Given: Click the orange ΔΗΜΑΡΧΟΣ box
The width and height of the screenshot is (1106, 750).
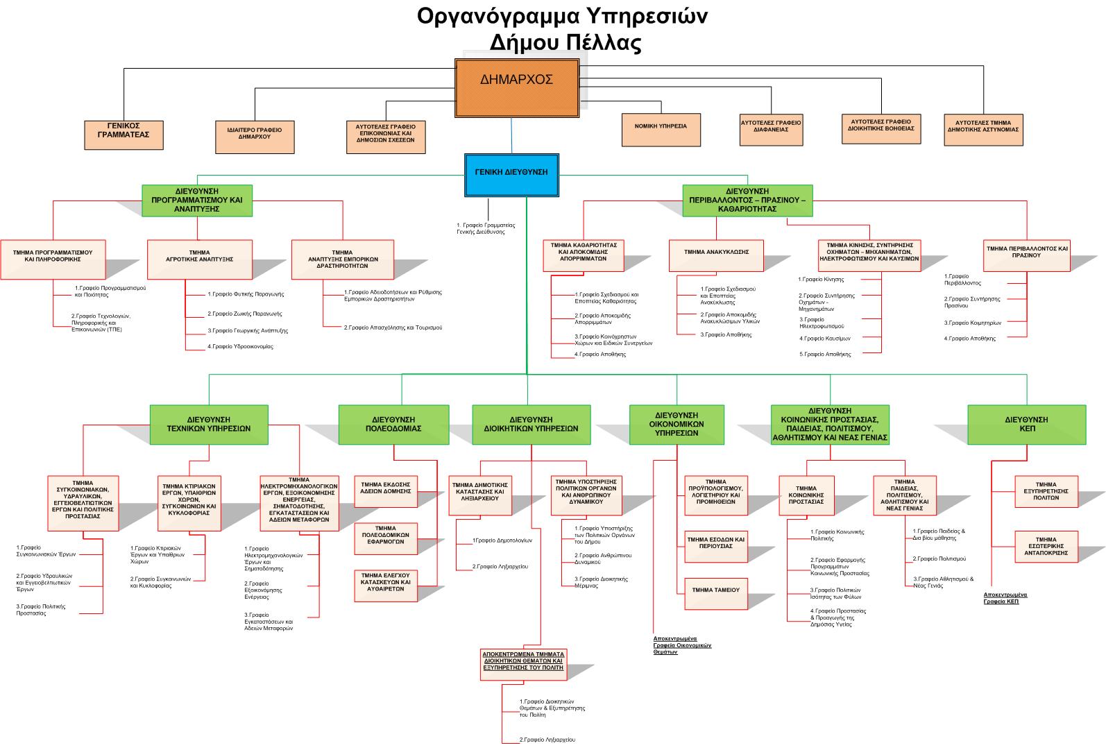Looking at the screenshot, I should pyautogui.click(x=517, y=87).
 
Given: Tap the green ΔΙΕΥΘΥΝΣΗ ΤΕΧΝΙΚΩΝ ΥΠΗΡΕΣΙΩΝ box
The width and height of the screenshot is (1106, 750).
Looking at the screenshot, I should pyautogui.click(x=209, y=424).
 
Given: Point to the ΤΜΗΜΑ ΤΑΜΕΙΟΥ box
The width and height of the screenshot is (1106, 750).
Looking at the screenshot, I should pyautogui.click(x=716, y=590).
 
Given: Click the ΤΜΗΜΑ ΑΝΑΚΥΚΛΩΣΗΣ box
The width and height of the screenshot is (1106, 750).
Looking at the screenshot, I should pyautogui.click(x=717, y=255).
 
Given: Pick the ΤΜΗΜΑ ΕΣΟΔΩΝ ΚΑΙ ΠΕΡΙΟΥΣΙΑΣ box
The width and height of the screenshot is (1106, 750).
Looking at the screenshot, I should pyautogui.click(x=716, y=543).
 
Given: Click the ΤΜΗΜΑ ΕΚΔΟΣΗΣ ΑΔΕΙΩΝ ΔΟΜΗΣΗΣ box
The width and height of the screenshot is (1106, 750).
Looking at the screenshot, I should pyautogui.click(x=386, y=487).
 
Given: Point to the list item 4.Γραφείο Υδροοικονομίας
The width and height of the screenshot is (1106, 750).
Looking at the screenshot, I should pyautogui.click(x=240, y=346).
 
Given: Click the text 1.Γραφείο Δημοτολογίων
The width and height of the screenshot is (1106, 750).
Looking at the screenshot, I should pyautogui.click(x=502, y=540).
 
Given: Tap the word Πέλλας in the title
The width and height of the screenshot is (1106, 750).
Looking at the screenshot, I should pyautogui.click(x=599, y=43).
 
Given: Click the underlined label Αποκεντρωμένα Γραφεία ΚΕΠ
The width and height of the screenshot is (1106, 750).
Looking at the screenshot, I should pyautogui.click(x=1005, y=598).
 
